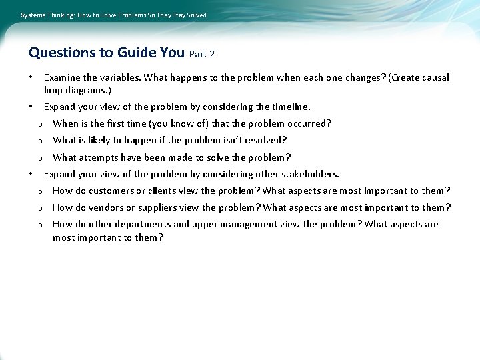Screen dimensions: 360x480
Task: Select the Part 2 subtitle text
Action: pos(202,54)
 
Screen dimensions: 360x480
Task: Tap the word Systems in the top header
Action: pos(34,15)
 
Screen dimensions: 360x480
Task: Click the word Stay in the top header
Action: pos(176,15)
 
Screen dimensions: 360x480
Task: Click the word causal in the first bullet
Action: pos(435,77)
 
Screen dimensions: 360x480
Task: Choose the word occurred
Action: pos(310,123)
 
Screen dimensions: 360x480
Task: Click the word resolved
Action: pos(265,140)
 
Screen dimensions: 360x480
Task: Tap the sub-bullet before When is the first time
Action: pos(40,124)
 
